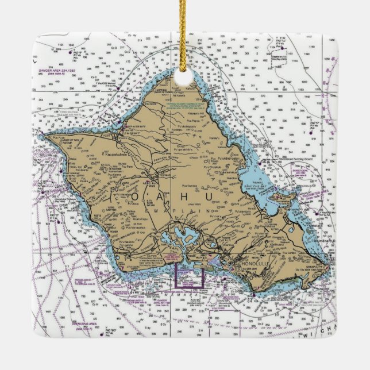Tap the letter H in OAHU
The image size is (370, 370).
192,196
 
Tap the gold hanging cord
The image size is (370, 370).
185,34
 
